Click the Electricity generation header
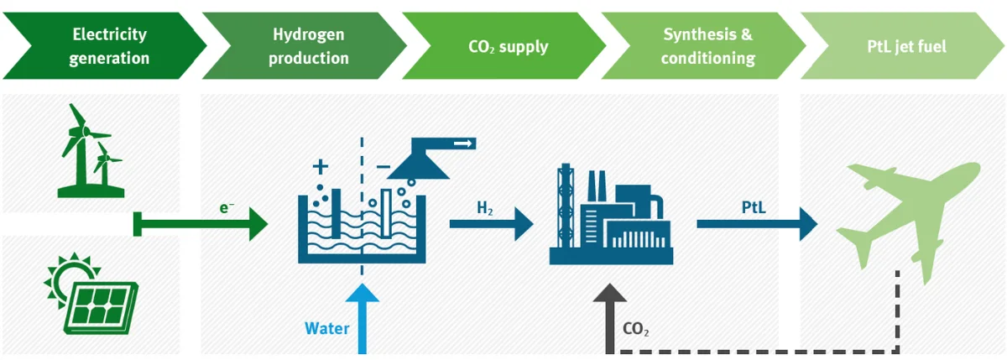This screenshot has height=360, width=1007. click(x=109, y=46)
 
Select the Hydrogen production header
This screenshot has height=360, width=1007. click(x=309, y=46)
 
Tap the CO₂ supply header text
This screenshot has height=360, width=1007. click(x=508, y=46)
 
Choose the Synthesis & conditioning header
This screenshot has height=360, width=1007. click(x=707, y=46)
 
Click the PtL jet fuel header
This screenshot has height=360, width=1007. click(x=906, y=46)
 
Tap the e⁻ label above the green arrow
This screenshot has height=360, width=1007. click(x=227, y=206)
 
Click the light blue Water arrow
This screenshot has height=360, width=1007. click(x=362, y=319)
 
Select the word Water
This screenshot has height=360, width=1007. click(x=326, y=328)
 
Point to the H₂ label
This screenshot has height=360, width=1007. click(x=484, y=206)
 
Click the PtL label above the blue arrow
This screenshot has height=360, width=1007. click(x=754, y=206)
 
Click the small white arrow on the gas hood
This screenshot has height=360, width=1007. click(x=462, y=144)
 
